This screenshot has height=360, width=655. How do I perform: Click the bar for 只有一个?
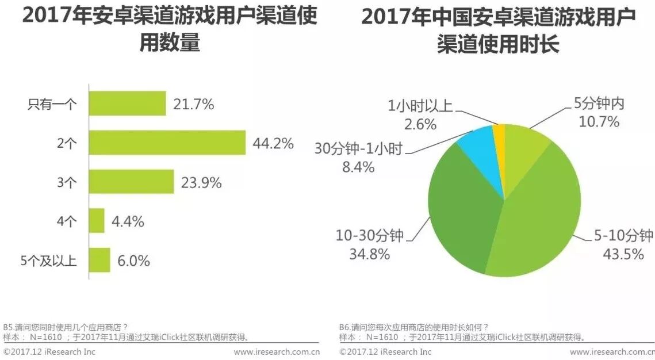(127, 104)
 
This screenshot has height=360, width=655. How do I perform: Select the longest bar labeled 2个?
(167, 143)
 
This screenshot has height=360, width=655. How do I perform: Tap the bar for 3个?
(131, 182)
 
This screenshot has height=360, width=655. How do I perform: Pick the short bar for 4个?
(97, 221)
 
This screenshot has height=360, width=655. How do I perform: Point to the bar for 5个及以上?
(99, 260)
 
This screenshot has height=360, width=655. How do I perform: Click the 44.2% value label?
(273, 143)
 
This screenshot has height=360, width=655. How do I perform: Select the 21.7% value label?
(193, 104)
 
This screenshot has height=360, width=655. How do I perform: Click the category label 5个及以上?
(48, 261)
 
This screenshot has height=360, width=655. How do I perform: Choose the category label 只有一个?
(52, 104)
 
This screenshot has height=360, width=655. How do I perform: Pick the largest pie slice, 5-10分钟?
(541, 219)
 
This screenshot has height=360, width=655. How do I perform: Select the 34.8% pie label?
(370, 254)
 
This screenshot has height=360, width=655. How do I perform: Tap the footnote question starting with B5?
(66, 326)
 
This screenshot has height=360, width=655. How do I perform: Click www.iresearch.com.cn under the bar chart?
(277, 351)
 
